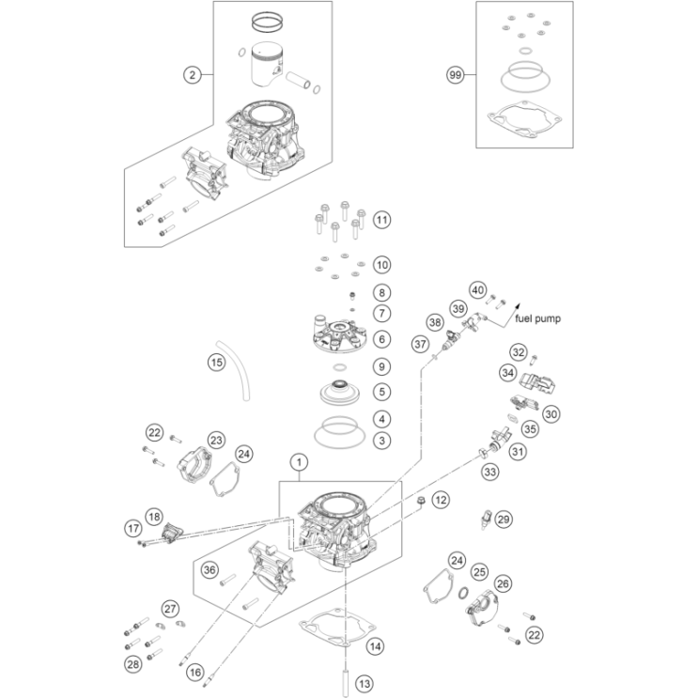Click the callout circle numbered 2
point(193,74)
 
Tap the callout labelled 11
point(381,220)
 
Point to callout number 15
point(217,360)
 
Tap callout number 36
point(209,568)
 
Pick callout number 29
point(504,520)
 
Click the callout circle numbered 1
point(299,461)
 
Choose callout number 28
point(132,664)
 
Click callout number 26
point(503,583)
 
